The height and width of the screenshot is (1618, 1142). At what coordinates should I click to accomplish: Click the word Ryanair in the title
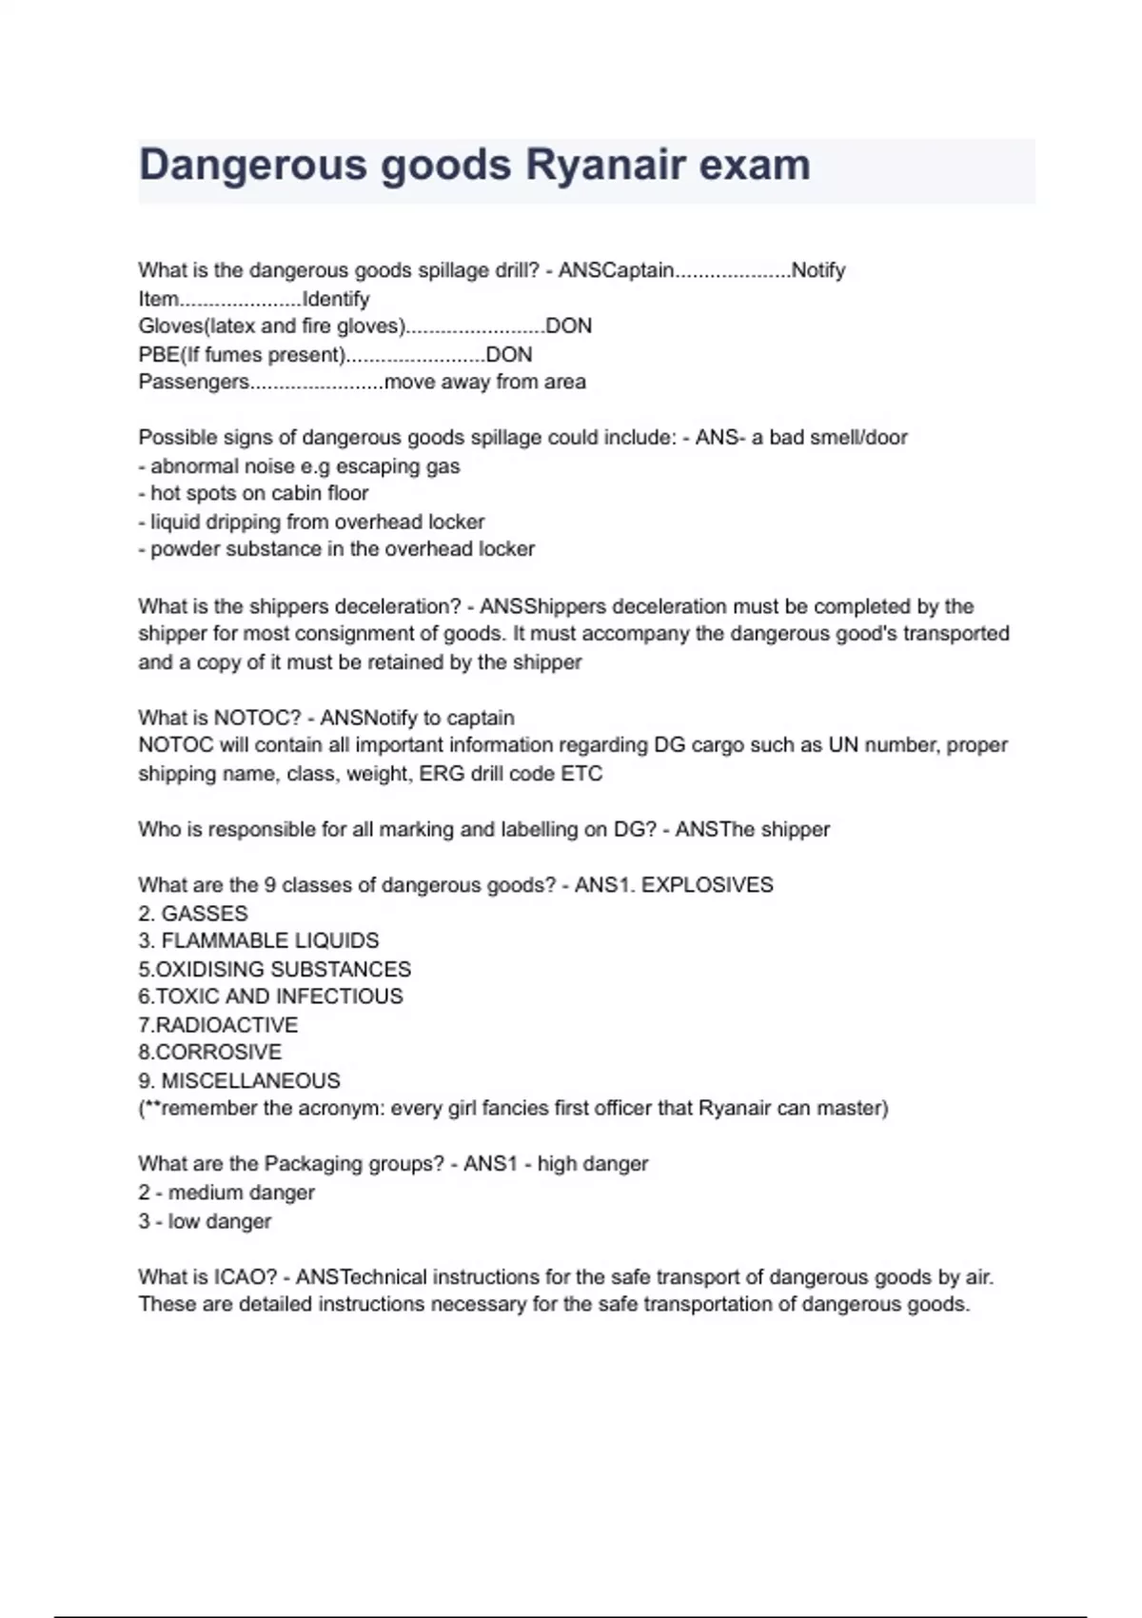tap(605, 165)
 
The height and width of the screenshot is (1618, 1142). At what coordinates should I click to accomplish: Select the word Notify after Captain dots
tap(818, 270)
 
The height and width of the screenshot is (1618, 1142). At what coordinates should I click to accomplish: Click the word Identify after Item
tap(335, 299)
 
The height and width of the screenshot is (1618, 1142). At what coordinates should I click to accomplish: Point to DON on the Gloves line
tap(568, 326)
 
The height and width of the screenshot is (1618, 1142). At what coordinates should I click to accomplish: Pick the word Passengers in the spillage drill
tap(194, 383)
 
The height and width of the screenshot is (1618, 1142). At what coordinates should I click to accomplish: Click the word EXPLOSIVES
tap(707, 885)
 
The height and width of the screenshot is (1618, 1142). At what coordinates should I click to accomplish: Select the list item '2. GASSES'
tap(193, 914)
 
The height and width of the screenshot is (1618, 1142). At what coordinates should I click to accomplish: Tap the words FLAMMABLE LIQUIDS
tap(270, 941)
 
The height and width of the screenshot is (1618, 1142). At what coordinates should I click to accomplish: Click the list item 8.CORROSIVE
tap(210, 1053)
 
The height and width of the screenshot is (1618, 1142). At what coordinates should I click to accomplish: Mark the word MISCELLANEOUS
tap(251, 1081)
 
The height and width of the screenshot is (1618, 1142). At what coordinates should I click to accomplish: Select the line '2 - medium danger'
tap(226, 1193)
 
